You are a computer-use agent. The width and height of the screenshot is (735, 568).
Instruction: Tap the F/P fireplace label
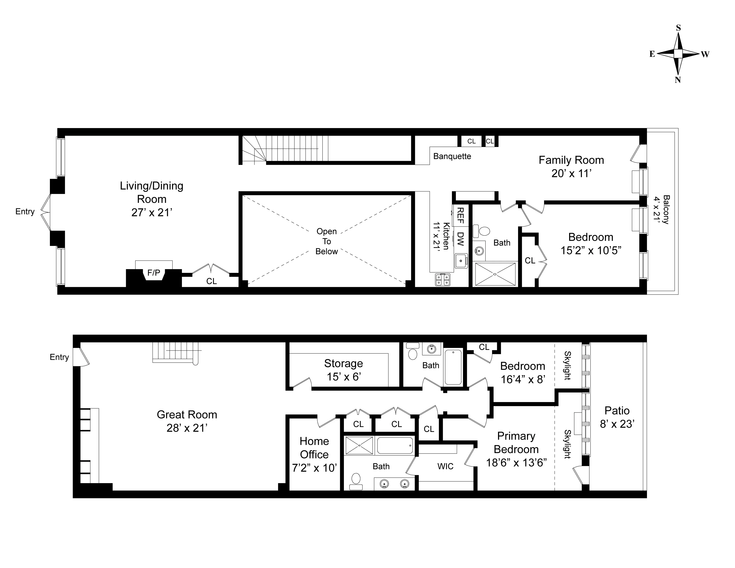point(154,273)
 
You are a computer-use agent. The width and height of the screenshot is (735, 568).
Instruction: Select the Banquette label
point(452,156)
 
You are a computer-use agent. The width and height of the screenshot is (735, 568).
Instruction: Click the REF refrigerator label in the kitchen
point(460,216)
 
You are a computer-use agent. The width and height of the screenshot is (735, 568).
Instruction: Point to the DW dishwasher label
point(460,239)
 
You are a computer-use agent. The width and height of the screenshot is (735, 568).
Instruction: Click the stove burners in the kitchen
point(443,280)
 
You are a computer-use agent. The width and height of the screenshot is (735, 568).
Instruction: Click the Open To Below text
point(327,241)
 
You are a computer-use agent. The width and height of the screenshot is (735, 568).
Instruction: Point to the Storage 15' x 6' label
point(343,370)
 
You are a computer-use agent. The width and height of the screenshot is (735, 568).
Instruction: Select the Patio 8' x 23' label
point(617,417)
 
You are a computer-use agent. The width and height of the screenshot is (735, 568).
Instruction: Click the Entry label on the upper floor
point(25,212)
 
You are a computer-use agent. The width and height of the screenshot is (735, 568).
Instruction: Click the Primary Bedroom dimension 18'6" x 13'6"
point(516,463)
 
